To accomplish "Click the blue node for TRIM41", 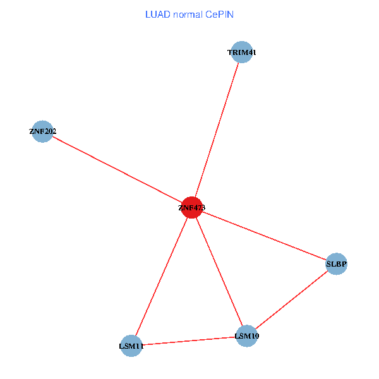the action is click(242, 52).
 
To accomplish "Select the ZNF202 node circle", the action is click(42, 131).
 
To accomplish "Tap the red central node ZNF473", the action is click(191, 207).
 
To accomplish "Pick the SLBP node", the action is click(337, 263).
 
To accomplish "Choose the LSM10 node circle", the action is click(246, 335).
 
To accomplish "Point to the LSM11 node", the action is click(131, 346).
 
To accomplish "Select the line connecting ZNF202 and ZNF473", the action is click(117, 169).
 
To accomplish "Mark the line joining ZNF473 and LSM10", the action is click(219, 271).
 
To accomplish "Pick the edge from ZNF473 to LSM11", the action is click(161, 276).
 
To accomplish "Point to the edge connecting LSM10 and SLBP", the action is click(291, 299).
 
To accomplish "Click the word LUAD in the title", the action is click(157, 14).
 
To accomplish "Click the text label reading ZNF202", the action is click(42, 131).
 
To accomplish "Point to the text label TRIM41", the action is click(242, 52).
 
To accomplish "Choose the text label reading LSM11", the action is click(131, 346).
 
